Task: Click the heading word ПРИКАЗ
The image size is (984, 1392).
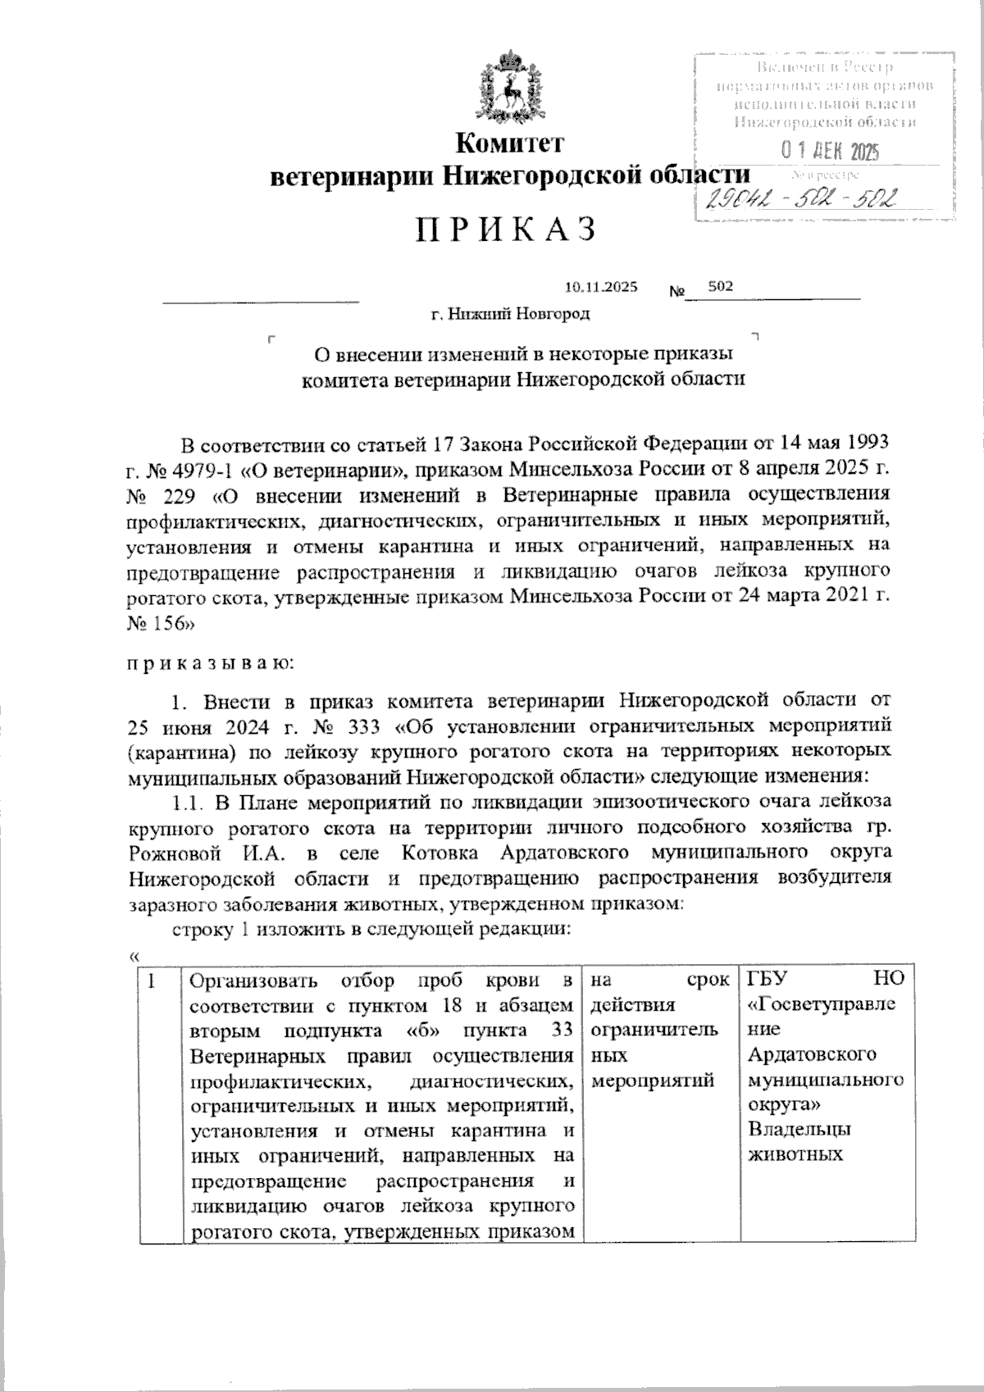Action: click(505, 230)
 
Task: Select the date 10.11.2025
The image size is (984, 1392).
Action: click(601, 287)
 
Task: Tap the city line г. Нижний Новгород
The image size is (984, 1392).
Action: click(510, 314)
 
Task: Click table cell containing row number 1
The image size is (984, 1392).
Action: click(153, 980)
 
